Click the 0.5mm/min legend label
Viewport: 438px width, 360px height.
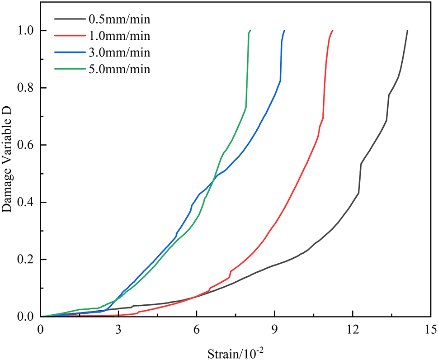pyautogui.click(x=117, y=19)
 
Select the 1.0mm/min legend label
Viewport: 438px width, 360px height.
pyautogui.click(x=117, y=36)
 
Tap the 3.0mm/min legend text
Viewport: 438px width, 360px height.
pyautogui.click(x=117, y=52)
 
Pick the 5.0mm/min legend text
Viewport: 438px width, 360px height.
pyautogui.click(x=117, y=69)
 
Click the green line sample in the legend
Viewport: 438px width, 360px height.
pyautogui.click(x=68, y=69)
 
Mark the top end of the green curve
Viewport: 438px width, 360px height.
pyautogui.click(x=250, y=31)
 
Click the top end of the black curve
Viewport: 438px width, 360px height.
pyautogui.click(x=407, y=31)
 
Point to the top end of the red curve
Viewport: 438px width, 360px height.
pyautogui.click(x=332, y=31)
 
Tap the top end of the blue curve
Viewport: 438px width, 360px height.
pyautogui.click(x=284, y=31)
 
